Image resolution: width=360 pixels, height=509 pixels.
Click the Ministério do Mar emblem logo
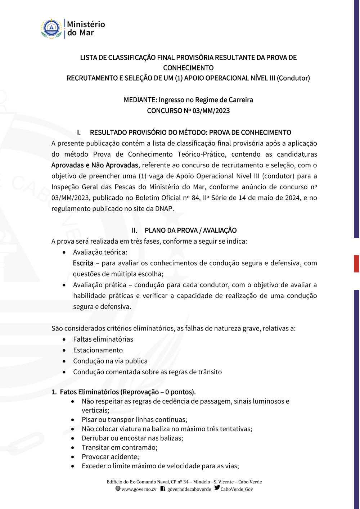point(51,29)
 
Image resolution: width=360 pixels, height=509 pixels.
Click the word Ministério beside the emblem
point(86,24)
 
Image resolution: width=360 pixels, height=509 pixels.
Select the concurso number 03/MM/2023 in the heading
point(211,111)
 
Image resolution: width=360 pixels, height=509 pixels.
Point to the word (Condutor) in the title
point(293,78)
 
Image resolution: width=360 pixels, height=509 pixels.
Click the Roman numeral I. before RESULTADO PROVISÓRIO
point(79,132)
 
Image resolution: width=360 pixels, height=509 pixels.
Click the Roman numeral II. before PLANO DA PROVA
point(134,230)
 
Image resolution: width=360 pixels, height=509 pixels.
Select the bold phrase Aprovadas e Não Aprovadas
point(95,165)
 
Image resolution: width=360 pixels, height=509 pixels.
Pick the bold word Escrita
point(83,263)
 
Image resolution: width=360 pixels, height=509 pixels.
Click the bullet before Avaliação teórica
point(64,253)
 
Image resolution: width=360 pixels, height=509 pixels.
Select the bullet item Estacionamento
point(98,350)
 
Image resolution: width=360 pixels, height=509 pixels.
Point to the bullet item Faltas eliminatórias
point(103,339)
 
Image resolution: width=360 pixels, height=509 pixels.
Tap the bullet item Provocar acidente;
point(110,457)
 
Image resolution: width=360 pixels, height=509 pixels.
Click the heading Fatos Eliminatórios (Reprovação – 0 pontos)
point(128,392)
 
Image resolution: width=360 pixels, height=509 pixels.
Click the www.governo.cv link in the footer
point(139,489)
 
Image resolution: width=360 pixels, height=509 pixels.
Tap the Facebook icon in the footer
point(163,488)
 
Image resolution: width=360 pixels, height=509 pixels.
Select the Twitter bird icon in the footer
point(217,488)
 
